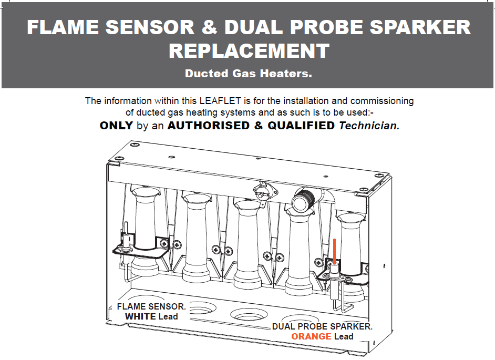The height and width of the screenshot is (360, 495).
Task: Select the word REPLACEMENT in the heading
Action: coord(249,51)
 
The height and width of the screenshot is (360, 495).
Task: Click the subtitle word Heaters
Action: coord(287,74)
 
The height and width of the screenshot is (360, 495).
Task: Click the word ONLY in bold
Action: coord(116,126)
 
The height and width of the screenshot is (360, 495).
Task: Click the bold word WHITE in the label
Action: coord(140,316)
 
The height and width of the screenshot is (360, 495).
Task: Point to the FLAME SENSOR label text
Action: coord(151,306)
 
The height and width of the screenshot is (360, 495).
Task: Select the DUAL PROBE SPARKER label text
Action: coord(322,326)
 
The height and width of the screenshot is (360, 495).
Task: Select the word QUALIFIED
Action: coord(301,126)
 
